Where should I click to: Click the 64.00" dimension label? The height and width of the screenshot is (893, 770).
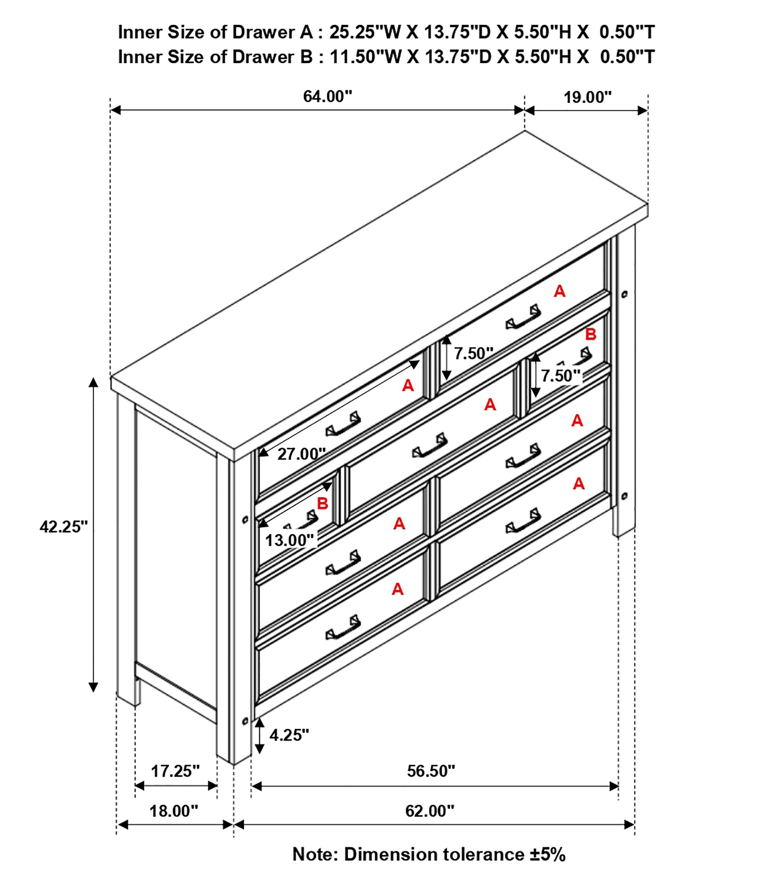point(327,96)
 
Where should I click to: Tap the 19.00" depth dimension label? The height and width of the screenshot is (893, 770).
point(588,98)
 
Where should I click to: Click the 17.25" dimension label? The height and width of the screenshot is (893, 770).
point(176,771)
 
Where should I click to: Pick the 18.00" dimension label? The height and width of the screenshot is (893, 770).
point(174,811)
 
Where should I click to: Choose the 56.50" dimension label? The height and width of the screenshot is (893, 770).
point(431,771)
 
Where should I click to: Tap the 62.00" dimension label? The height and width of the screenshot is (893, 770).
point(430,811)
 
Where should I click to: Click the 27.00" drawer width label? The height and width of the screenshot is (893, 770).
point(301,454)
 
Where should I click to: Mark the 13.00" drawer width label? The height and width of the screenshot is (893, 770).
point(290,540)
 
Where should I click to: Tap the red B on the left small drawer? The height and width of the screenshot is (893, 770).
point(322,503)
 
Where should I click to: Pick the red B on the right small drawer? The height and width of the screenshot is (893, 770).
point(591,334)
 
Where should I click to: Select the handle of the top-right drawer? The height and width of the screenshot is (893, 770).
point(523,317)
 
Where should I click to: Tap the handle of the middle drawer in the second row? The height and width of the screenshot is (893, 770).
point(430,445)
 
